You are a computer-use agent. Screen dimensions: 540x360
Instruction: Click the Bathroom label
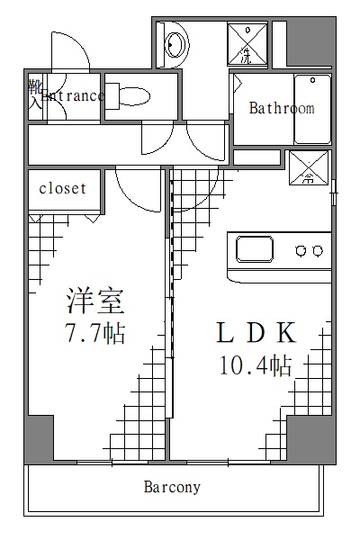tap(282, 109)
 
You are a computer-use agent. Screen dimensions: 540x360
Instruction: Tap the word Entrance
tap(71, 95)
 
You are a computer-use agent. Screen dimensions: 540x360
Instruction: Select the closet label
tap(63, 188)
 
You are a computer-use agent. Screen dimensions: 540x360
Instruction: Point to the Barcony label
tap(172, 488)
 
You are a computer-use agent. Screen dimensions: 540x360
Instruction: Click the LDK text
tap(256, 332)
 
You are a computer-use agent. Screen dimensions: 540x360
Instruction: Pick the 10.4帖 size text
tap(256, 365)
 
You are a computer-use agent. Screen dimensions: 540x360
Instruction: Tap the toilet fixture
tap(130, 96)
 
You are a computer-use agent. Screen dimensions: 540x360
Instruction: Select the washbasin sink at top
tap(175, 42)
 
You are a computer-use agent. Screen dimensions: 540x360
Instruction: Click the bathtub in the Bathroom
tap(312, 109)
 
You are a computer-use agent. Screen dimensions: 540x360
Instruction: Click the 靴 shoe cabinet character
tap(34, 87)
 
